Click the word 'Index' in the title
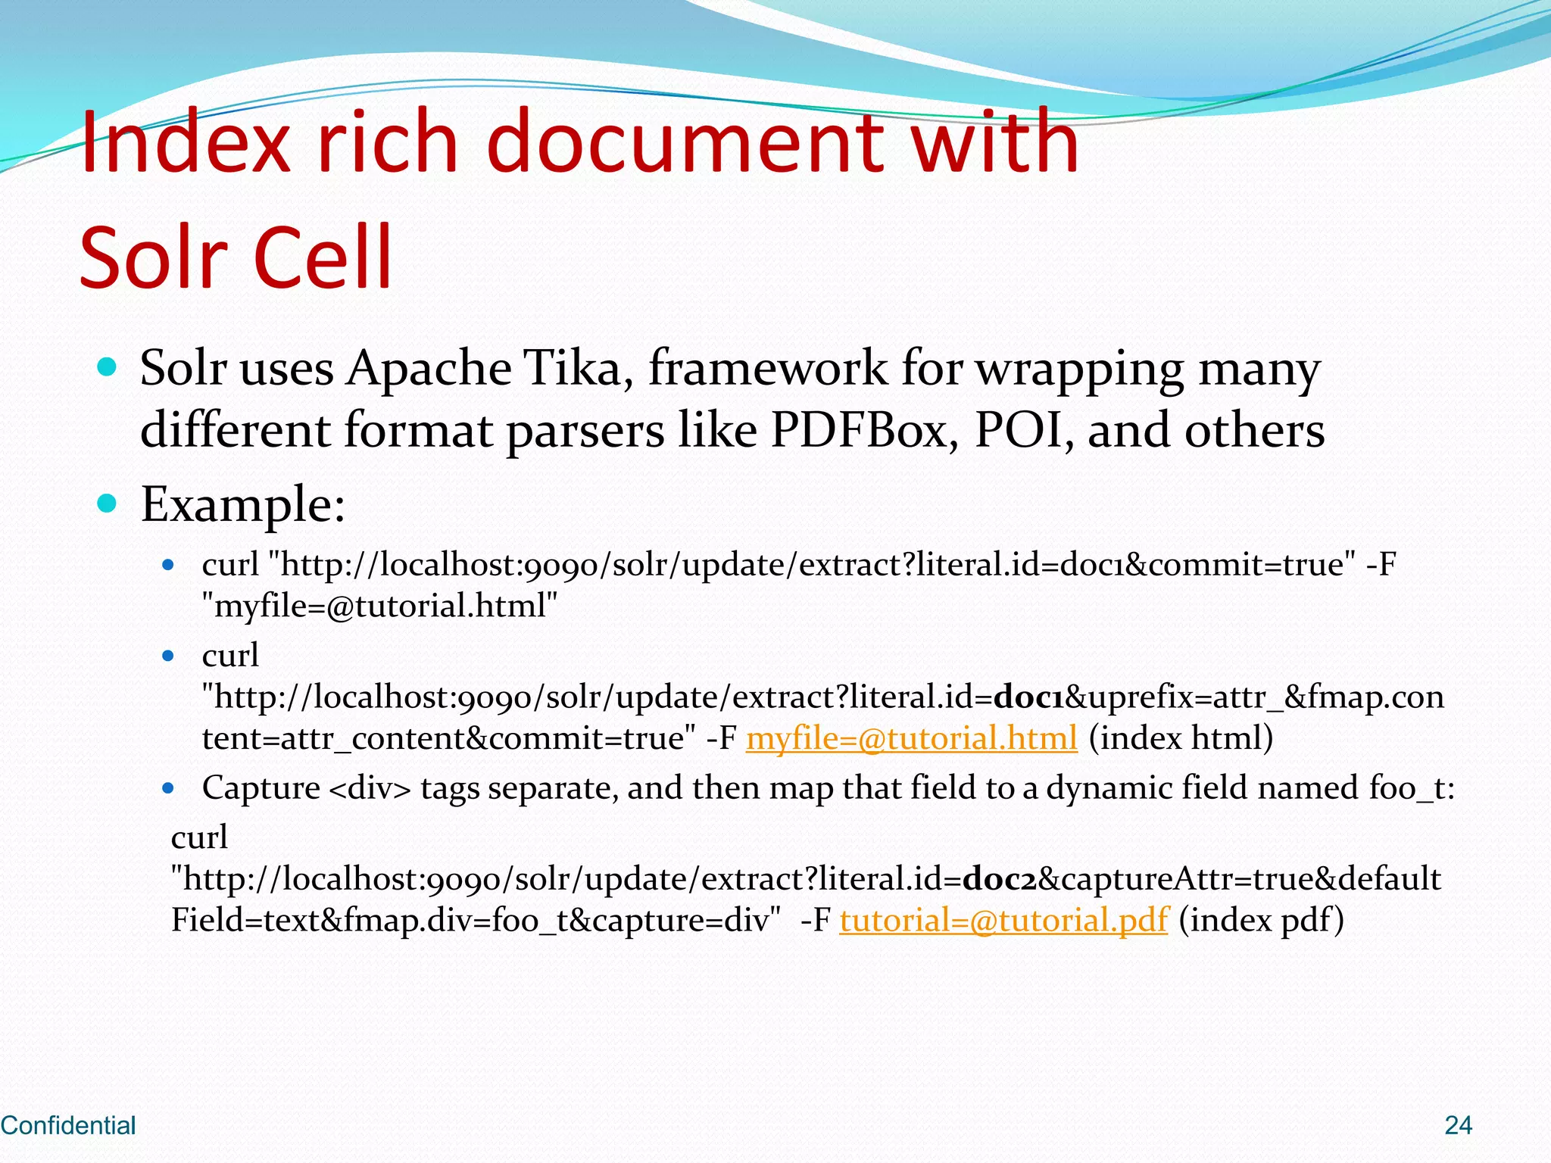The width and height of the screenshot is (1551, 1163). point(186,142)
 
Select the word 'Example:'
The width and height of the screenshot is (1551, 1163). point(243,504)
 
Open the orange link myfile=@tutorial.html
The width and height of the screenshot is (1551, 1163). point(911,738)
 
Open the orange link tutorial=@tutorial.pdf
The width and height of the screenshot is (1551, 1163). point(1004,920)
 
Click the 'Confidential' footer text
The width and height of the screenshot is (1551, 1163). point(68,1125)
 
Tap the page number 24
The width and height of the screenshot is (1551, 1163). point(1458,1125)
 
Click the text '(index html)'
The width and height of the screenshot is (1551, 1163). point(1181,738)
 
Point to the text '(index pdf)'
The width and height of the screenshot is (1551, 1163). point(1261,920)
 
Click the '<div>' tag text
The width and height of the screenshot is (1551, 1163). point(370,788)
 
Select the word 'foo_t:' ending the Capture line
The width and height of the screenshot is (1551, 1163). point(1412,788)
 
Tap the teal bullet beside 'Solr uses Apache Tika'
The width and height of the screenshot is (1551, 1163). point(108,368)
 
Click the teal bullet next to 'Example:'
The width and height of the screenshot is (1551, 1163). point(108,504)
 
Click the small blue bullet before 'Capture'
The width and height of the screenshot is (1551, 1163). point(168,789)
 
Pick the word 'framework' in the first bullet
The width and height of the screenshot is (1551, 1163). point(767,369)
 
